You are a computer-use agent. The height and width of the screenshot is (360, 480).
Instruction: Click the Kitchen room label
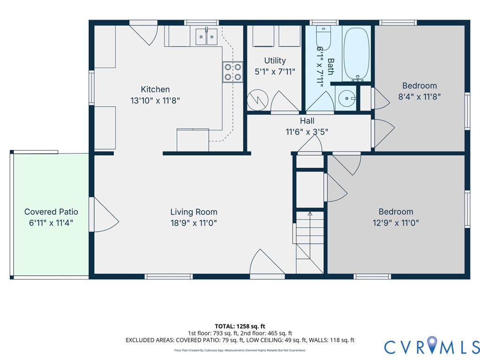click(x=155, y=90)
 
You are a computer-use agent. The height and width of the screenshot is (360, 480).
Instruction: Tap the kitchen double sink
click(x=206, y=37)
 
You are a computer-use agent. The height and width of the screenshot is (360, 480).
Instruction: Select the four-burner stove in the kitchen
click(x=232, y=72)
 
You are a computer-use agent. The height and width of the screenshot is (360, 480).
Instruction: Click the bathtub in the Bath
click(x=357, y=54)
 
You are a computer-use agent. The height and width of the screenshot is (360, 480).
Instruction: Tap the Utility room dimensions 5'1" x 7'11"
click(x=275, y=72)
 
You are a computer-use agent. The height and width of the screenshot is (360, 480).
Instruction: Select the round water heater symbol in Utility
click(x=258, y=100)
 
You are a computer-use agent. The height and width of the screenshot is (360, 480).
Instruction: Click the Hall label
click(x=307, y=121)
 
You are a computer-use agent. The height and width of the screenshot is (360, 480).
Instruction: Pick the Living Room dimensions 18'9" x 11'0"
click(x=194, y=223)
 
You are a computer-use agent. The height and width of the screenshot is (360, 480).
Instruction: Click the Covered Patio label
click(x=51, y=212)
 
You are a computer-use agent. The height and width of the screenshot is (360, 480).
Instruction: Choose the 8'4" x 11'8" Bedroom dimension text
click(x=420, y=97)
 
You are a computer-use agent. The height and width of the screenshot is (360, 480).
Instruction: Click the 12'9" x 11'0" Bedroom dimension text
click(x=396, y=223)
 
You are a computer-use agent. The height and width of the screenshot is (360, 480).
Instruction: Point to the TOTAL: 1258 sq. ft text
click(x=240, y=326)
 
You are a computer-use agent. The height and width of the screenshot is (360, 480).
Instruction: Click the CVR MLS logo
click(x=432, y=346)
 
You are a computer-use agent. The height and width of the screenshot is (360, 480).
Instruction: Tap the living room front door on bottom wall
click(x=267, y=263)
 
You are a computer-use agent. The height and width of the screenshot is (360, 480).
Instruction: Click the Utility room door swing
click(x=285, y=102)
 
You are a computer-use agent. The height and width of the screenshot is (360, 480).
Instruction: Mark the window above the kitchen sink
click(x=202, y=22)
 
